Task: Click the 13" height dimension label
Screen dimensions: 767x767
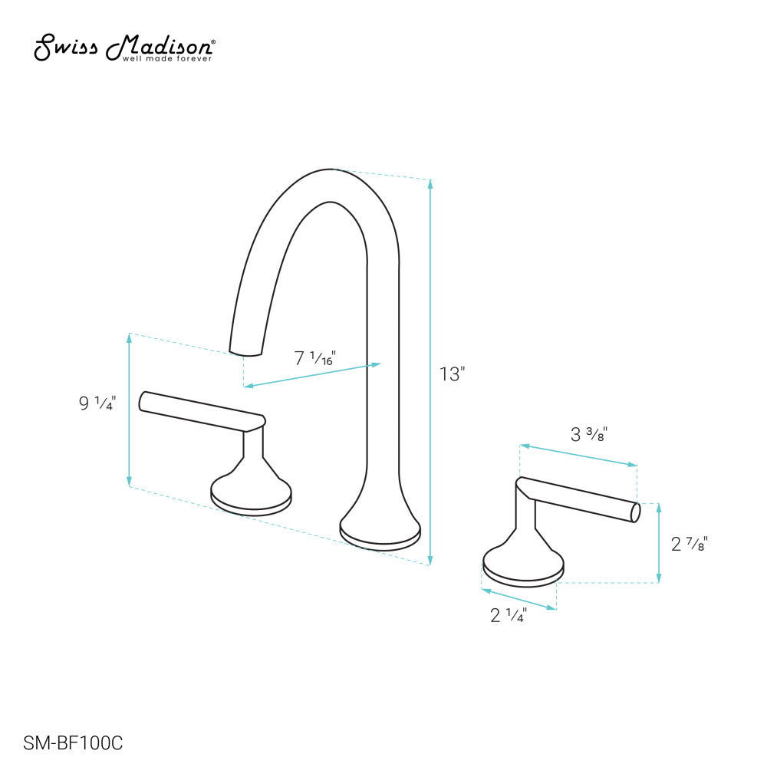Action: point(453,374)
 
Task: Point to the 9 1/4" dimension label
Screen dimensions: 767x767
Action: point(97,403)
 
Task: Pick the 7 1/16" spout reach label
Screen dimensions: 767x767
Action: point(315,358)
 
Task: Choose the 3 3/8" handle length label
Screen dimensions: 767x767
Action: point(589,436)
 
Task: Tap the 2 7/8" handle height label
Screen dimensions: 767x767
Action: point(689,545)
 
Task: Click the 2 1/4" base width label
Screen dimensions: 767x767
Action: point(508,615)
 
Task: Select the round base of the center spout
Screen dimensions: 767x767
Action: point(380,534)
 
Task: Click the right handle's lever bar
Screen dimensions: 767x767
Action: point(583,499)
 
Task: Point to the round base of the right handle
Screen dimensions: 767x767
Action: point(523,568)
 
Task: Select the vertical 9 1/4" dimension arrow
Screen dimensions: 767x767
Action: point(129,410)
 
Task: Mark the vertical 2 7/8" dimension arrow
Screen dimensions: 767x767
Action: point(659,543)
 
